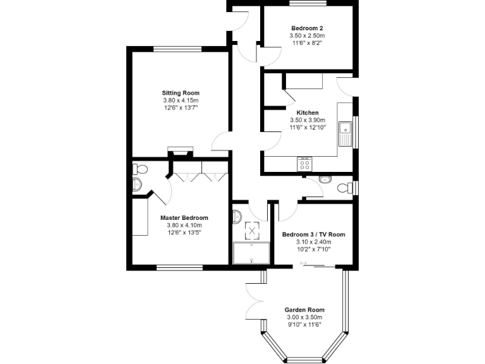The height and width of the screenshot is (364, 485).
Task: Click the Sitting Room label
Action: [x=181, y=93]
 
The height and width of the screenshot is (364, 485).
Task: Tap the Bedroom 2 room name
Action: [x=307, y=28]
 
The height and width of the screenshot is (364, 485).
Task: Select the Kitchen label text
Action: [x=307, y=112]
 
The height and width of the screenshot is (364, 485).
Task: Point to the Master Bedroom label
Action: [x=187, y=218]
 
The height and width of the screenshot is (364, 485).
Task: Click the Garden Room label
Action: [x=302, y=310]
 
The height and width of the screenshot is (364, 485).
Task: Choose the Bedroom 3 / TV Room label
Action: [x=313, y=234]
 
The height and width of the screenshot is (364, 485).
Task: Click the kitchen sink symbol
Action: [x=345, y=133]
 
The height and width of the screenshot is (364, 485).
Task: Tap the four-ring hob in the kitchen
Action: [x=304, y=164]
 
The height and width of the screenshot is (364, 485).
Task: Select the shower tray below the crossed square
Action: [x=251, y=253]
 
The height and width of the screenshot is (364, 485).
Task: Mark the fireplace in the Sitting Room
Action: [x=179, y=152]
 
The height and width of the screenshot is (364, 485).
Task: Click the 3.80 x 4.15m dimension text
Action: [x=181, y=100]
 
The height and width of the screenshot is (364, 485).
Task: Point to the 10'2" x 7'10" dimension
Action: [x=313, y=250]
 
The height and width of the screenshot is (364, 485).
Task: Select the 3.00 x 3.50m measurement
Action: [x=302, y=317]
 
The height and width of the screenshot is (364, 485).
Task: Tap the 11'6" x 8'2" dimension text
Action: [x=307, y=44]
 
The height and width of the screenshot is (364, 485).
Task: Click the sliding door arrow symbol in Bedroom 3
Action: [x=304, y=263]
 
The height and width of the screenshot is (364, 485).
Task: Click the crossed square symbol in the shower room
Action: [x=252, y=231]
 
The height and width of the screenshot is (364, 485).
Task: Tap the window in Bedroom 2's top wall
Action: [x=308, y=4]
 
